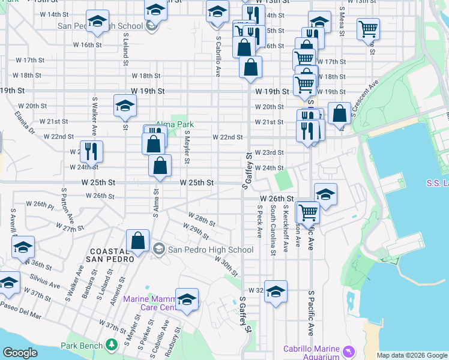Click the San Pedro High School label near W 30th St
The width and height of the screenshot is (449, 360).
coord(210,250)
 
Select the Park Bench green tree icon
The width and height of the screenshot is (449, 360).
coord(111,344)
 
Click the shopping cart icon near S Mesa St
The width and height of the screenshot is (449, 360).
coord(368,28)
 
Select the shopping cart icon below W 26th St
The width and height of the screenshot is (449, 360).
coord(307,211)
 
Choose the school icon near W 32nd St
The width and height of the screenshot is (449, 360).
coord(276,291)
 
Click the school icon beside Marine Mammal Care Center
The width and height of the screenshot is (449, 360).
coord(187,298)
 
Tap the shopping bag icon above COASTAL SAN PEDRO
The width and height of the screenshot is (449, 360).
coord(138,240)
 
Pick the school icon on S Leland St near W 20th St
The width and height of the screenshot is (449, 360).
coord(125,106)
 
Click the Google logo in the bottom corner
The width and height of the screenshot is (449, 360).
coord(20,353)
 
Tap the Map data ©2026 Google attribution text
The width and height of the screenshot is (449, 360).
coord(411,355)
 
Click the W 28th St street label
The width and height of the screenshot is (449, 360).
coord(202,218)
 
